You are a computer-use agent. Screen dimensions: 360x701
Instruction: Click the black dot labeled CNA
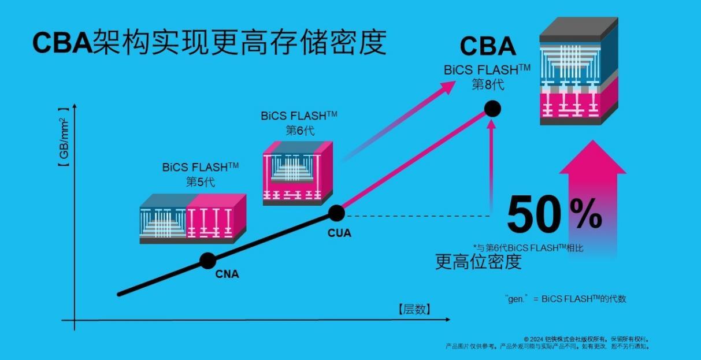click(x=207, y=261)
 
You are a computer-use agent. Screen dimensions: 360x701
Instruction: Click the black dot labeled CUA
click(x=336, y=213)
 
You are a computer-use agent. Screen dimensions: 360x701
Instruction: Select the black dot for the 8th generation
click(x=492, y=108)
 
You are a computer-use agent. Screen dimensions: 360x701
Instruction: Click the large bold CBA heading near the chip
click(x=488, y=47)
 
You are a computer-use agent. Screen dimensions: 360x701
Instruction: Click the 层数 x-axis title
click(x=414, y=309)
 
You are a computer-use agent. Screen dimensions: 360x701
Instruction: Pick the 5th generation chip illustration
click(x=193, y=218)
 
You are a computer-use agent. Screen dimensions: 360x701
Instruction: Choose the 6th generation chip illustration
click(x=299, y=172)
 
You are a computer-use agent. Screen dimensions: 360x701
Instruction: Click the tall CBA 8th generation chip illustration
click(x=578, y=72)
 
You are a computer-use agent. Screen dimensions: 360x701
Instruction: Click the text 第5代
click(x=200, y=181)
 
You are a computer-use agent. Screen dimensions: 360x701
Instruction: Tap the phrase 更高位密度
click(x=478, y=262)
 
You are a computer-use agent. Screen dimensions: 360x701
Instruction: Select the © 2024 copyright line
click(x=587, y=339)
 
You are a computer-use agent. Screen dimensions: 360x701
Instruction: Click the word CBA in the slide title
click(x=61, y=42)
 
